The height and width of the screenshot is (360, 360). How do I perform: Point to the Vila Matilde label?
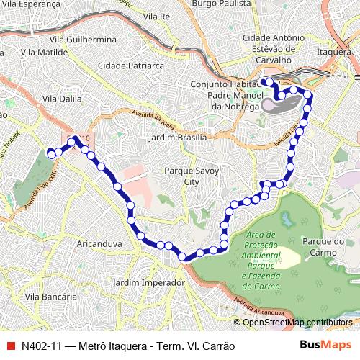click(44, 52)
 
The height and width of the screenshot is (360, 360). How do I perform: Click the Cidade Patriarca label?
click(131, 65)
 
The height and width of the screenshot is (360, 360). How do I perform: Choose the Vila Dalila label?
click(62, 99)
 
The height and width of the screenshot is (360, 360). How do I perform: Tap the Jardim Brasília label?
click(177, 137)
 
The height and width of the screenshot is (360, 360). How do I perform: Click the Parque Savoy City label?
click(191, 176)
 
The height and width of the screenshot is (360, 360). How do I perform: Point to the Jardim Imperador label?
click(149, 283)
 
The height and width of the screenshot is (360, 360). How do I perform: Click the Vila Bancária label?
click(50, 296)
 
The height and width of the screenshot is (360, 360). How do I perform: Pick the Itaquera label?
click(338, 51)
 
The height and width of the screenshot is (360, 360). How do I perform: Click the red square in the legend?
click(10, 346)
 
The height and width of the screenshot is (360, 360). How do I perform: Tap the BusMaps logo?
click(326, 346)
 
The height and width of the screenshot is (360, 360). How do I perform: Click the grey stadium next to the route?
click(280, 105)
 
